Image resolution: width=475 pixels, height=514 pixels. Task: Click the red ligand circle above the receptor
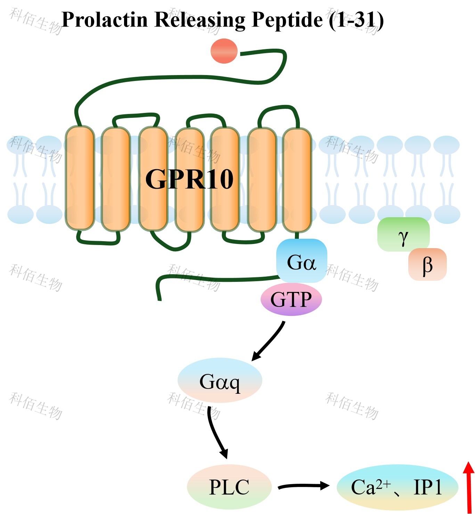point(224,51)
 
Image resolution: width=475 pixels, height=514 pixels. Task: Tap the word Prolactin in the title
point(105,19)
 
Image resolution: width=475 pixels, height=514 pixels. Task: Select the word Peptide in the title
point(287,19)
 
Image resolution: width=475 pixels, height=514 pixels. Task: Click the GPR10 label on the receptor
point(189,179)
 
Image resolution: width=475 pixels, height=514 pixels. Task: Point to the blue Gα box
point(301,261)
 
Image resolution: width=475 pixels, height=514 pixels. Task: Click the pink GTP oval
point(291,300)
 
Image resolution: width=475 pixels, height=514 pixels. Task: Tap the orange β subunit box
point(427,264)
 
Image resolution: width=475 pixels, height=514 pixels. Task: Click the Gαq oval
point(220,381)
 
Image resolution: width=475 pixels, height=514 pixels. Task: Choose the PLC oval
point(229,487)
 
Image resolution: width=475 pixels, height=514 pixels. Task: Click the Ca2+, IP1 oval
point(397,487)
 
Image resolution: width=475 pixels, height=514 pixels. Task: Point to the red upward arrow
point(468,487)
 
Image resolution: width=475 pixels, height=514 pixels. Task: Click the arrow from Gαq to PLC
point(216,433)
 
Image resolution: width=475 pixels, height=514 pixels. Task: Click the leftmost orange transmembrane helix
point(80,178)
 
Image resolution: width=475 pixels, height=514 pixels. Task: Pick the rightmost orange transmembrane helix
point(296,179)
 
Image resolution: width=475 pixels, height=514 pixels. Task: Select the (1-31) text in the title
point(356,19)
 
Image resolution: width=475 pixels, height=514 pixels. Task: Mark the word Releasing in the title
point(200,19)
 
